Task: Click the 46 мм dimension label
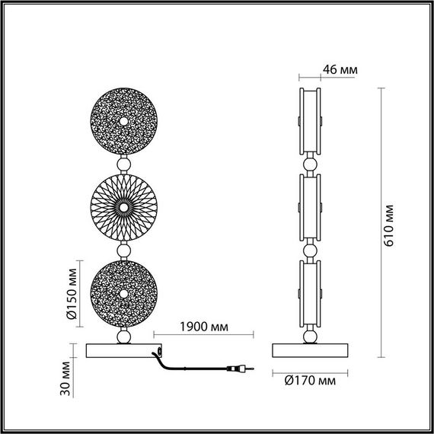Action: point(340,70)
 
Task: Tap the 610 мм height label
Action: point(389,225)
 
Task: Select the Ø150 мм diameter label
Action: point(72,294)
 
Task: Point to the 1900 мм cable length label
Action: point(204,327)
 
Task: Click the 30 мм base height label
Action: point(65,378)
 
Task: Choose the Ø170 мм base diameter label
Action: point(310,381)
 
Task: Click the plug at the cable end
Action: point(240,369)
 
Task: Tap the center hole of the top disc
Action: point(123,121)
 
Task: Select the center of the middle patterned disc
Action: point(123,207)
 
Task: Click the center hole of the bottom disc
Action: point(123,294)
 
